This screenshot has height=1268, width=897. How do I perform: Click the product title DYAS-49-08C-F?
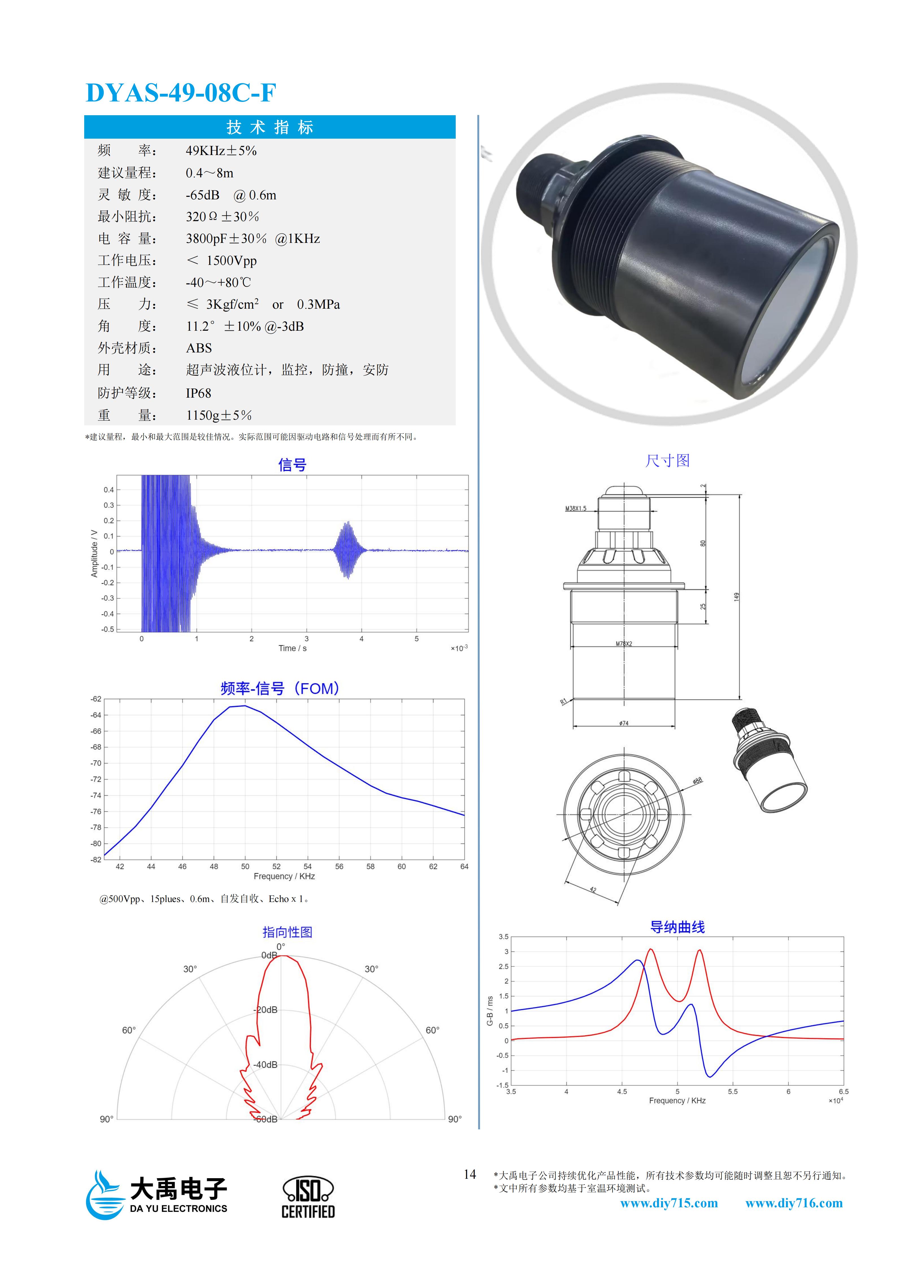click(x=181, y=93)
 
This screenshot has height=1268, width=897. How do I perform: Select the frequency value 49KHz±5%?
click(x=221, y=151)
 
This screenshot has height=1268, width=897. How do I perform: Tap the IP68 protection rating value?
click(x=198, y=393)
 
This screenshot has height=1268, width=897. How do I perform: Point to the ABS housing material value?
click(x=199, y=348)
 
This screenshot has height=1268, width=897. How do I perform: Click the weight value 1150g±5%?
click(x=219, y=415)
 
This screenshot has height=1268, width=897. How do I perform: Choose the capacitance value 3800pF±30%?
click(x=226, y=239)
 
